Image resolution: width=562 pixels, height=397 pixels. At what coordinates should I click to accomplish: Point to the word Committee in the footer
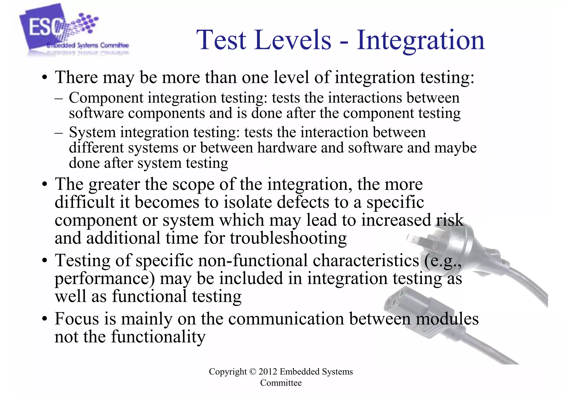(281, 383)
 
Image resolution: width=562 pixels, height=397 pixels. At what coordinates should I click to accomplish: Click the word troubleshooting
(288, 238)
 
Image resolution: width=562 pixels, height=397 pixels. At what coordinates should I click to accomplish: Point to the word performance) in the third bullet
(105, 278)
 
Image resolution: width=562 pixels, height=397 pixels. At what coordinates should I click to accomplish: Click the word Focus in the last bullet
(77, 319)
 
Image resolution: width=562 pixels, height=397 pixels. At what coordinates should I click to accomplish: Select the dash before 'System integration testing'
(59, 133)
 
